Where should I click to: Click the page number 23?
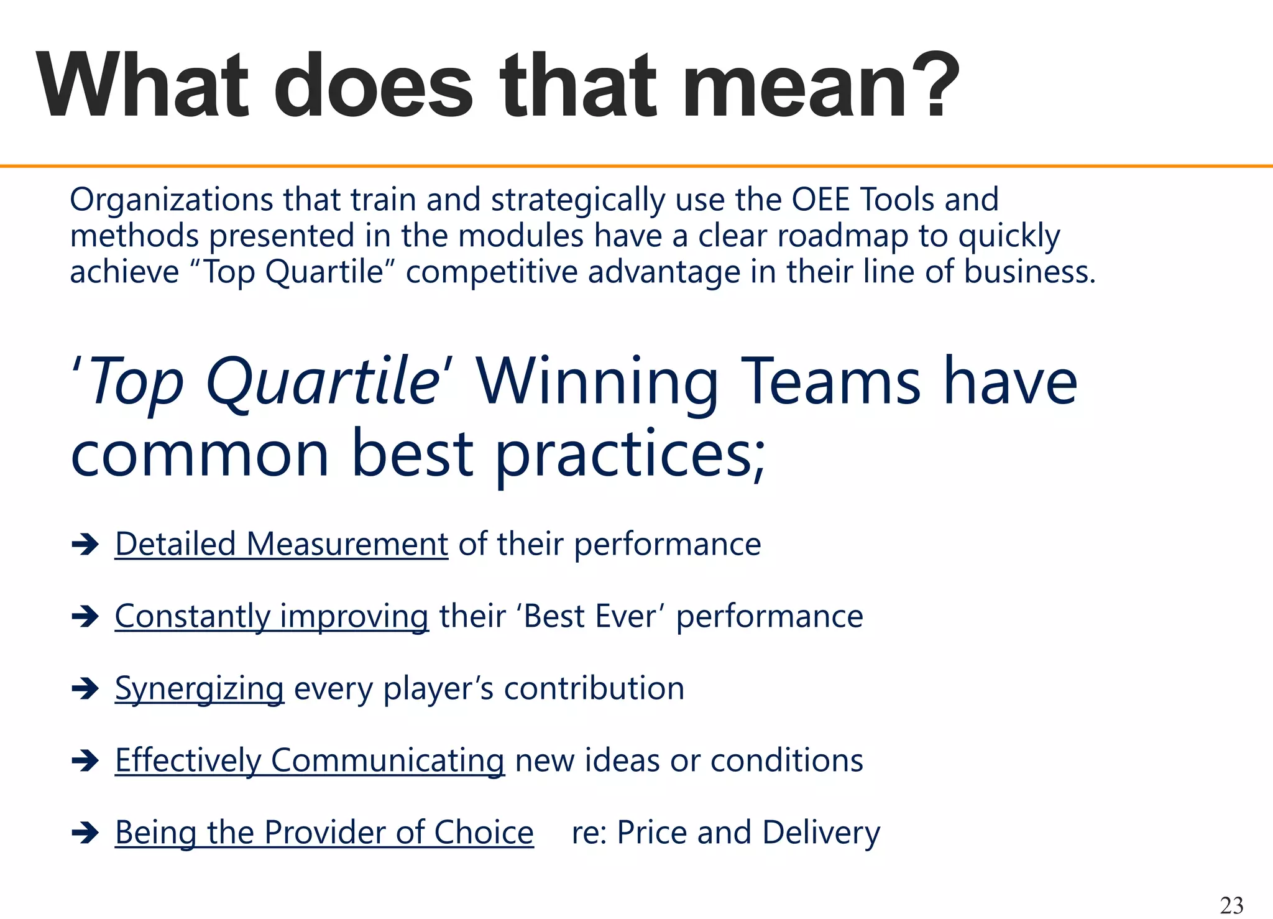click(x=1231, y=905)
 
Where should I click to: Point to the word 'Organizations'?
click(x=171, y=201)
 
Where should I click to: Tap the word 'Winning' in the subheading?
click(x=597, y=382)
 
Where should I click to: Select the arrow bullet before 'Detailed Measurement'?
click(x=85, y=545)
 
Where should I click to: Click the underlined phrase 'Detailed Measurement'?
click(x=281, y=544)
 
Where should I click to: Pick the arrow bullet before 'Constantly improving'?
click(x=85, y=617)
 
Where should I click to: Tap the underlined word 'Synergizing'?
click(x=200, y=689)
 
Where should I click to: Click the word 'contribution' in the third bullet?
click(x=594, y=688)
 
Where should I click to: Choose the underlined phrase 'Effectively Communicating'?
click(x=310, y=760)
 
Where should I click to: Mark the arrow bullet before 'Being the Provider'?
click(x=85, y=833)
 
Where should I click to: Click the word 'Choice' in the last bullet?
click(x=484, y=833)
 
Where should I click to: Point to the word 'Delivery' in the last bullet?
click(x=820, y=833)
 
